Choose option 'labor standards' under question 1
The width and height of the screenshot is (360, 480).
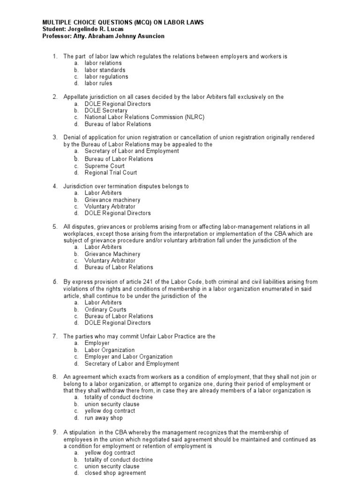click(x=105, y=70)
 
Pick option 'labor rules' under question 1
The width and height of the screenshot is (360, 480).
click(x=98, y=83)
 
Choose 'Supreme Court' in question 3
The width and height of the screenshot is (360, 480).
click(x=105, y=166)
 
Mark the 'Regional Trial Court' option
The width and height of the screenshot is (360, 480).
click(x=111, y=172)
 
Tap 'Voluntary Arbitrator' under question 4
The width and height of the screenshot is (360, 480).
click(x=110, y=207)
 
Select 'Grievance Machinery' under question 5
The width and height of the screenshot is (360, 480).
click(x=112, y=254)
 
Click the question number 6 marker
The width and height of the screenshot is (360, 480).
click(x=54, y=282)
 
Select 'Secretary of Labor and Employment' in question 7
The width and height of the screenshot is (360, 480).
click(x=132, y=364)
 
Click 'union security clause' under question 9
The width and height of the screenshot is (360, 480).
click(x=112, y=466)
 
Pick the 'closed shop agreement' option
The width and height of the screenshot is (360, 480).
click(x=115, y=473)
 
